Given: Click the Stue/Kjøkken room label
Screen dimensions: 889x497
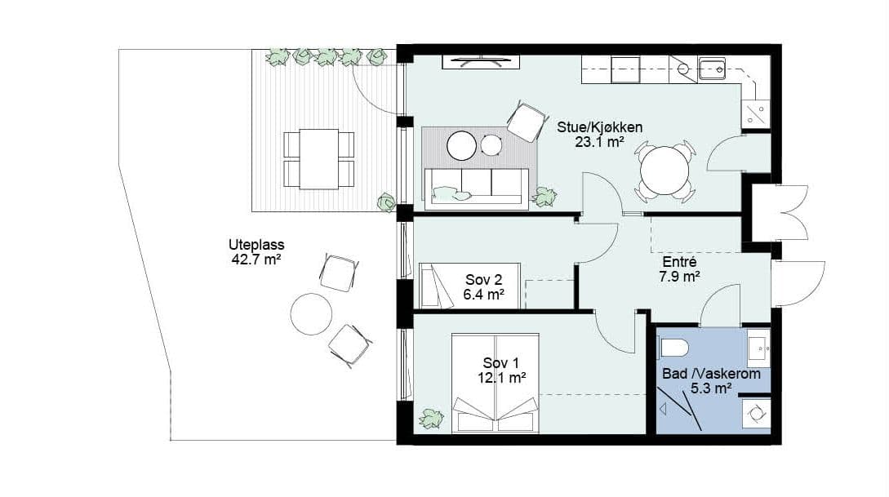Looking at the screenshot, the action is click(599, 127).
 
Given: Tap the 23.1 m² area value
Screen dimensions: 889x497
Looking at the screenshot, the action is click(599, 142).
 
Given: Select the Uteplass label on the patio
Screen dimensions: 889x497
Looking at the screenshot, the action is click(256, 245).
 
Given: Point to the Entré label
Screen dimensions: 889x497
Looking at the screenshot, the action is click(679, 263).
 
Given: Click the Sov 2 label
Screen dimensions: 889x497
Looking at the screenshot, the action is click(483, 280).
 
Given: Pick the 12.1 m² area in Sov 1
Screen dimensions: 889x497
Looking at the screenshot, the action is click(501, 377).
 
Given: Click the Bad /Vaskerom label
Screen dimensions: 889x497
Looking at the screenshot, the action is click(712, 374).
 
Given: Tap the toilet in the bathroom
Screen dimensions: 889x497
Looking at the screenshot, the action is click(674, 347).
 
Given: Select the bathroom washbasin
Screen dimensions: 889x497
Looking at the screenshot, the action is click(758, 346).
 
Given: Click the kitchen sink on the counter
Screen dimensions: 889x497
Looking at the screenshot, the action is click(712, 69).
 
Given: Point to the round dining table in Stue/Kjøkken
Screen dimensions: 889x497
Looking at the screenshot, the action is click(665, 171).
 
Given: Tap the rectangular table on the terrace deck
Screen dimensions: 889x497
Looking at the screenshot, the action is click(318, 158).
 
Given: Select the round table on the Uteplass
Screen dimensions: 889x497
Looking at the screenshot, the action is click(311, 313).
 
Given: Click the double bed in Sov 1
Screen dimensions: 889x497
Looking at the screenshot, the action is click(495, 383).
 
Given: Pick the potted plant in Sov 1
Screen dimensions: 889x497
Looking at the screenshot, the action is click(431, 418).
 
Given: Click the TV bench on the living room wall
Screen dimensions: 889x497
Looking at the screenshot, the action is click(481, 62).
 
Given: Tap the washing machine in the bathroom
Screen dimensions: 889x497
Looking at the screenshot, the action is click(756, 413).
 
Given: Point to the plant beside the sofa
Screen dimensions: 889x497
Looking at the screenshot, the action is click(545, 197).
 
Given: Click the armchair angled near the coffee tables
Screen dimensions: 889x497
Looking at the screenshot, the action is click(527, 122).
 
